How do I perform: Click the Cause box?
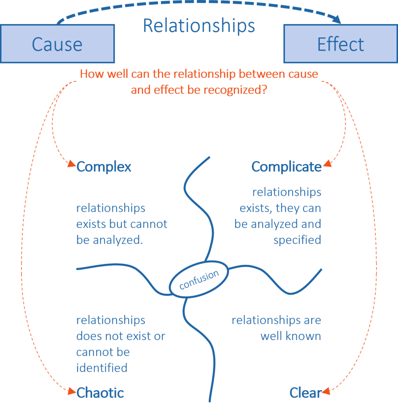tap(57, 43)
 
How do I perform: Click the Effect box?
tap(340, 43)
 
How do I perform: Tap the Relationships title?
tap(199, 25)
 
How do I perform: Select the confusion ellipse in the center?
tap(199, 280)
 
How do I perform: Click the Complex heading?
tap(104, 167)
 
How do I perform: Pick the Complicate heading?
tap(286, 167)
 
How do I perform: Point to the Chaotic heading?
tap(100, 393)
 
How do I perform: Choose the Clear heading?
tap(305, 393)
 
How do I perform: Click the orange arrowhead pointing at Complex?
tap(71, 164)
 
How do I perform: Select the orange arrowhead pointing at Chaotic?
tap(71, 391)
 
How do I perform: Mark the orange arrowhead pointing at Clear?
tap(326, 391)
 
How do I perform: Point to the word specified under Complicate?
tap(297, 240)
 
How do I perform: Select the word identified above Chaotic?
tap(102, 367)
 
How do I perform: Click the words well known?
tap(290, 336)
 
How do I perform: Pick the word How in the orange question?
tap(89, 74)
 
